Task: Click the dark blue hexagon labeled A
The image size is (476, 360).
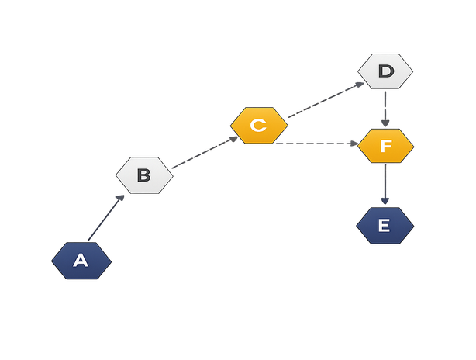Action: [81, 261]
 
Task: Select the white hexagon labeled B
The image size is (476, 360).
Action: [144, 175]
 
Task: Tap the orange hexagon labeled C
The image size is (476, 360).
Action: [259, 126]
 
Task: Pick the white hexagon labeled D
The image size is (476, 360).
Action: [385, 71]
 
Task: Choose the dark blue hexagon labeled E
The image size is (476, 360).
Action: [385, 226]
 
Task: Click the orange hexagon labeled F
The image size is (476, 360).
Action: [385, 146]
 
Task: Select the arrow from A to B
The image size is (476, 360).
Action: [105, 218]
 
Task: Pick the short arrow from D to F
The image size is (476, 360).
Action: [385, 107]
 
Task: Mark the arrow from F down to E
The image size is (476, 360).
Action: [385, 184]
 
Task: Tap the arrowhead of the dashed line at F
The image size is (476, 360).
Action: [353, 144]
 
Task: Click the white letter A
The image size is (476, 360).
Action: [81, 261]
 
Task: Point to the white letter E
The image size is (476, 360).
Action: [385, 226]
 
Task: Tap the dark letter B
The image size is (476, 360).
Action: [144, 175]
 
